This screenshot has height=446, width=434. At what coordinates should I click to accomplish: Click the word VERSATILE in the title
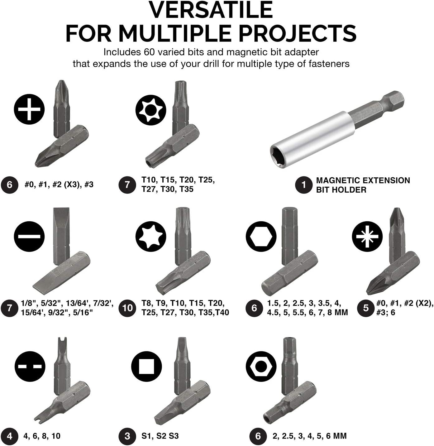[x=211, y=10]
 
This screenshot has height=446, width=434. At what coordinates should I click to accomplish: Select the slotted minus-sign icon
[x=29, y=236]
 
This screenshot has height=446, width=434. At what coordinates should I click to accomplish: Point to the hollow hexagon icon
[x=261, y=236]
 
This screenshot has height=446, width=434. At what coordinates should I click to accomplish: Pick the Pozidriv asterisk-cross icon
[x=367, y=236]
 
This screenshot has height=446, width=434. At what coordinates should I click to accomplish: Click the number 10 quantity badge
[x=127, y=308]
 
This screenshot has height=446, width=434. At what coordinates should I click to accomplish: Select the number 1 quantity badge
[x=304, y=185]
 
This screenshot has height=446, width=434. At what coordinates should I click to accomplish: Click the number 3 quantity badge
[x=127, y=436]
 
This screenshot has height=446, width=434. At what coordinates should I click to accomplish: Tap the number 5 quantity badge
[x=365, y=308]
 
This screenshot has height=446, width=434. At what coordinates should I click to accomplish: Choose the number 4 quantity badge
[x=10, y=436]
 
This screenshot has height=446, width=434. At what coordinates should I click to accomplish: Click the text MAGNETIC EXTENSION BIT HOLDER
[x=363, y=185]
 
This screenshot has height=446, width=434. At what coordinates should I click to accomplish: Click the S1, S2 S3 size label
[x=160, y=436]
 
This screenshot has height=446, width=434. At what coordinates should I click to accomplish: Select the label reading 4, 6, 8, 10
[x=42, y=436]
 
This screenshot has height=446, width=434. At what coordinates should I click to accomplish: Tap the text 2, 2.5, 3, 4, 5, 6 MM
[x=309, y=436]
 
